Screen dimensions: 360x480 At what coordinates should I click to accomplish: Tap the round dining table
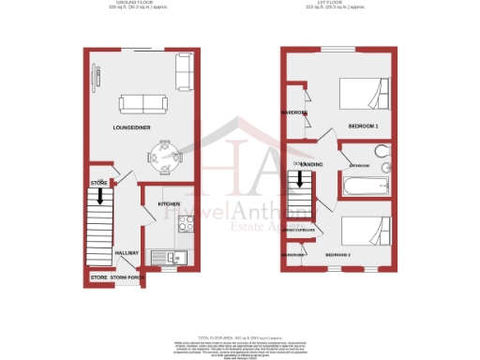(166, 156)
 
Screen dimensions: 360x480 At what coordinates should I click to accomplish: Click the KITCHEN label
(169, 203)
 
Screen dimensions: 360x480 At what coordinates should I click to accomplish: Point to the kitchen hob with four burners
(185, 223)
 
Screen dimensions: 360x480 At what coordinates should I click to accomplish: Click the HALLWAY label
(127, 253)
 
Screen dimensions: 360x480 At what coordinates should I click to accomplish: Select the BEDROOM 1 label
(363, 126)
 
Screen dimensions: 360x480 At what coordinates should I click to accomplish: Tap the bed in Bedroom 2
(366, 231)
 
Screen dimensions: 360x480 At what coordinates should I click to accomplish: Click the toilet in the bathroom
(382, 153)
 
